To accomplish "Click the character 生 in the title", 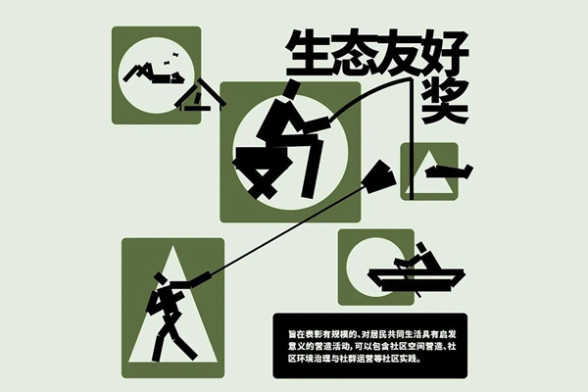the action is tap(309, 54).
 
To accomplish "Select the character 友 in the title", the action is tap(400, 54).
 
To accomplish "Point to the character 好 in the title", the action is tap(446, 54).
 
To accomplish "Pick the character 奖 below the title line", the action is tap(445, 101).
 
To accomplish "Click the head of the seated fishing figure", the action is tap(292, 89).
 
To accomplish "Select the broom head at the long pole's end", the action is tap(378, 176).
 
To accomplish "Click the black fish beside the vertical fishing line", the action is tap(449, 171).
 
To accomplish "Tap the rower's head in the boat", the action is tap(420, 247).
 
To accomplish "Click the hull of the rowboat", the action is tap(416, 279).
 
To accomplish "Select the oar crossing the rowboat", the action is tap(408, 278).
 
